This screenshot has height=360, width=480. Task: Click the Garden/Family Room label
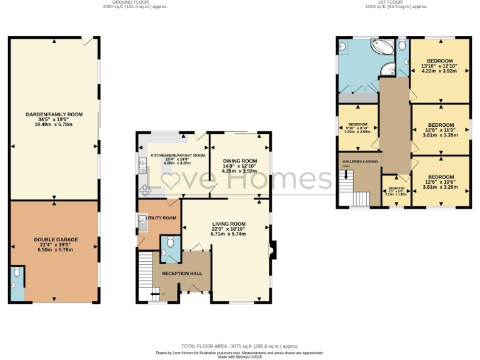click(x=54, y=114)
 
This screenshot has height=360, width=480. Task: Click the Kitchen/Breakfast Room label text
click(x=177, y=156)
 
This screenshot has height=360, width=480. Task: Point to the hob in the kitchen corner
click(x=145, y=190)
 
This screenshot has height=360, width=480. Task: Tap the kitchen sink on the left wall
click(x=141, y=165)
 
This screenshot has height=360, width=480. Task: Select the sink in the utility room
click(x=141, y=219)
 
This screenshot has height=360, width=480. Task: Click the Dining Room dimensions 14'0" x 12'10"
click(x=240, y=166)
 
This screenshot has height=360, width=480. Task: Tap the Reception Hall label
click(x=182, y=274)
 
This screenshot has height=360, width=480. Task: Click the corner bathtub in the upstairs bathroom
click(x=382, y=49)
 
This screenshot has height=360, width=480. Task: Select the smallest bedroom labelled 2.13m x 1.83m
click(x=397, y=191)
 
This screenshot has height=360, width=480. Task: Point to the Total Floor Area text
click(x=239, y=346)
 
